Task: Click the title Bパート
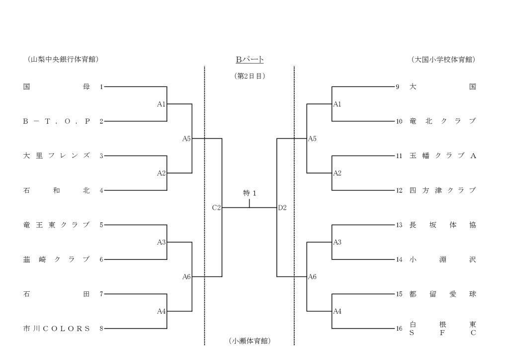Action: (x=250, y=60)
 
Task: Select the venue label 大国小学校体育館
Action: (x=443, y=59)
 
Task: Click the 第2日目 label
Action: (x=250, y=76)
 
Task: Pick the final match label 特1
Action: (x=250, y=193)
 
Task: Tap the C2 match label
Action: (x=216, y=208)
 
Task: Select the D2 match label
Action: (x=282, y=208)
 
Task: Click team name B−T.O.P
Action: (x=57, y=121)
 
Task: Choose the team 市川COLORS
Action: (x=57, y=329)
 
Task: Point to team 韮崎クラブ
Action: (x=57, y=260)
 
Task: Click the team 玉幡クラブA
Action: (x=442, y=156)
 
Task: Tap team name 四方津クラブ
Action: (x=442, y=190)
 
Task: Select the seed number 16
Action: (x=399, y=329)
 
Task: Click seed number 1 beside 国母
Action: (x=101, y=87)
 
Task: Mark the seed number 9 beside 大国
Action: (x=398, y=87)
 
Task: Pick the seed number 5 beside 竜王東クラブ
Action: (x=101, y=225)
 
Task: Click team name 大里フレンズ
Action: (x=57, y=156)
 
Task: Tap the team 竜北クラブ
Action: (x=442, y=121)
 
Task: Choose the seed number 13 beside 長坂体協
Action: (x=399, y=225)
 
